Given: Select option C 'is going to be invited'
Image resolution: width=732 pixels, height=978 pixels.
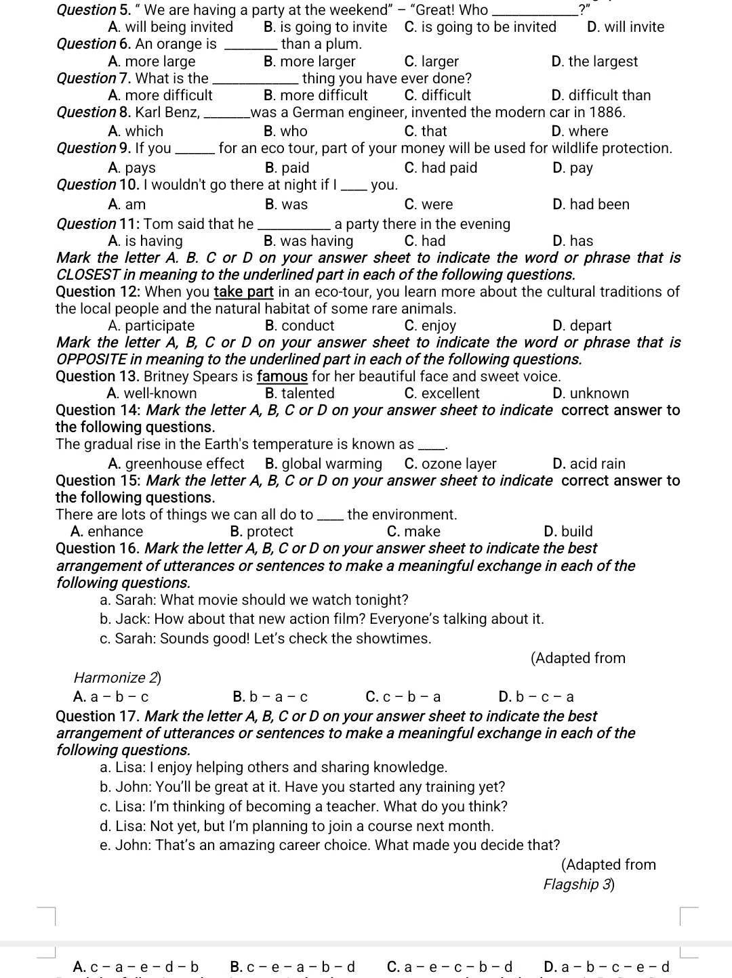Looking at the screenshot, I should (480, 27).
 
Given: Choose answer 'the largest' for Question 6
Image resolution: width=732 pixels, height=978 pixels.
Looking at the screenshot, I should (594, 62).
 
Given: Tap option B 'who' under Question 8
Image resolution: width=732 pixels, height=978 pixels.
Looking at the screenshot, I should (285, 131).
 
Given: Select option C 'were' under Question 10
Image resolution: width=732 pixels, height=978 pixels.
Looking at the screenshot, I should (428, 205).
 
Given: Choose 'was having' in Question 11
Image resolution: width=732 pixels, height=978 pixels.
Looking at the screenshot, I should (308, 241).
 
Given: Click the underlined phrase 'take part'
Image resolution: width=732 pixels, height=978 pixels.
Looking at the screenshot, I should (243, 292).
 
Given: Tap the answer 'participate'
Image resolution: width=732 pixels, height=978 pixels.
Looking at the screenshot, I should (151, 326).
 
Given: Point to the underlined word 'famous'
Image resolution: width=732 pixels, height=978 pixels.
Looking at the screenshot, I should (282, 377).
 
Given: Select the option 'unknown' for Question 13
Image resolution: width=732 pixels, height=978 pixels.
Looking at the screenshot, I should (590, 394).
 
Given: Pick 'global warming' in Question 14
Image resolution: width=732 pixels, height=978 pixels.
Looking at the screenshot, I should (323, 464).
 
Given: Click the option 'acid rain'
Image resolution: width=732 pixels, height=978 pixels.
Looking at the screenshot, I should (589, 464).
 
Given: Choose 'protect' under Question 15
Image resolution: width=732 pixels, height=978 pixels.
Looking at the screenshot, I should (262, 532).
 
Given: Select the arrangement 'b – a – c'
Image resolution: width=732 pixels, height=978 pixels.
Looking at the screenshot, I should (270, 697).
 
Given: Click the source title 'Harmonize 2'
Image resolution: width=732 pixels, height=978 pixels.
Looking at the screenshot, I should (117, 678).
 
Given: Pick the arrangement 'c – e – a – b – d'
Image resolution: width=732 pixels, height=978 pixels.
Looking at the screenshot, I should (292, 967).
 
